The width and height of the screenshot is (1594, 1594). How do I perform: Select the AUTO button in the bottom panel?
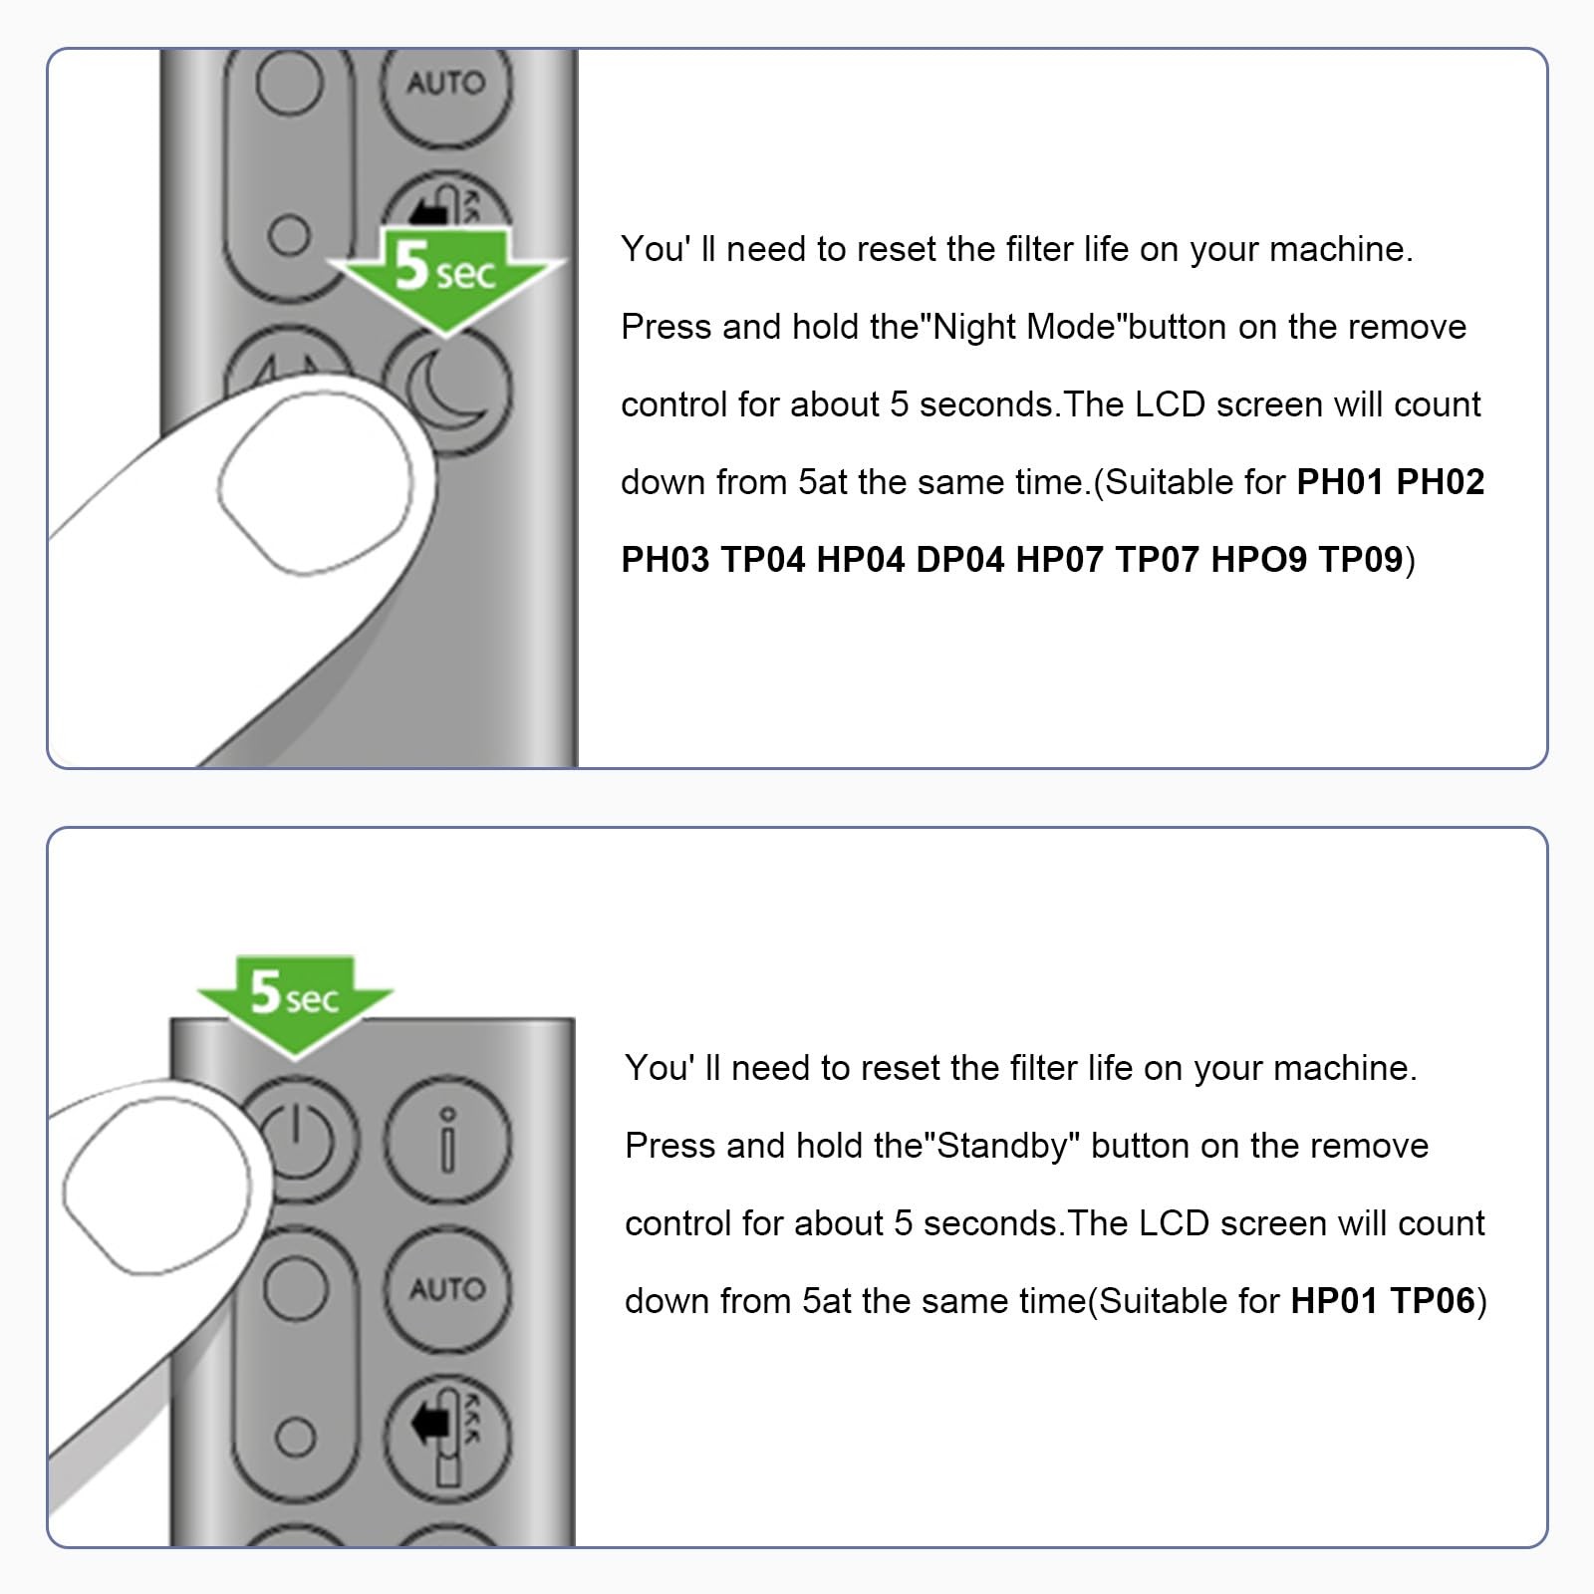pos(447,1289)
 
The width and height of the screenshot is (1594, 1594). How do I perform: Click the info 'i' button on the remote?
pos(448,1141)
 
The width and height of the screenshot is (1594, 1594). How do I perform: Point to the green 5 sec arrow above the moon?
pos(445,276)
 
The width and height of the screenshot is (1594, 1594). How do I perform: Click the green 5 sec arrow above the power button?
pos(295,1003)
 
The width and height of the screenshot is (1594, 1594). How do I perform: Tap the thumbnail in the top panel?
pos(314,483)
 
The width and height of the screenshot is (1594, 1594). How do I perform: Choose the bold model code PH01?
pos(1341,482)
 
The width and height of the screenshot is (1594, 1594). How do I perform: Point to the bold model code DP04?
pos(960,560)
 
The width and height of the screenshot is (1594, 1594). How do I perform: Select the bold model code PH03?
pos(665,560)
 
